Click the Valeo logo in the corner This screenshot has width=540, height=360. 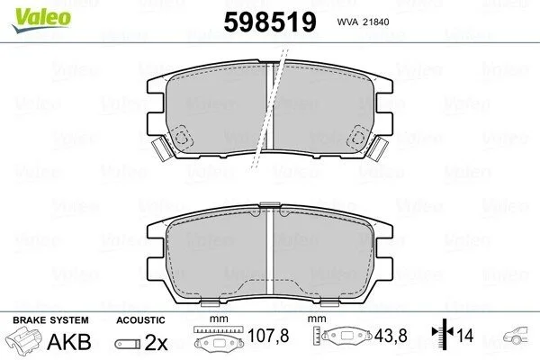(x=41, y=19)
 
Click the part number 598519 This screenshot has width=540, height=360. (x=270, y=22)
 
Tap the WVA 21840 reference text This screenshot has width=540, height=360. (x=363, y=22)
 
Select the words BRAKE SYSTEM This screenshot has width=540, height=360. (x=50, y=320)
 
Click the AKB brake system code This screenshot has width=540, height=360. (x=69, y=342)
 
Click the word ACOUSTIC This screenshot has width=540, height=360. (x=140, y=320)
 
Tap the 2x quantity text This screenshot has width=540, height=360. (x=156, y=342)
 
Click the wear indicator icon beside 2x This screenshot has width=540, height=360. (x=128, y=344)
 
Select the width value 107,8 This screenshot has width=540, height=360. (x=268, y=336)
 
